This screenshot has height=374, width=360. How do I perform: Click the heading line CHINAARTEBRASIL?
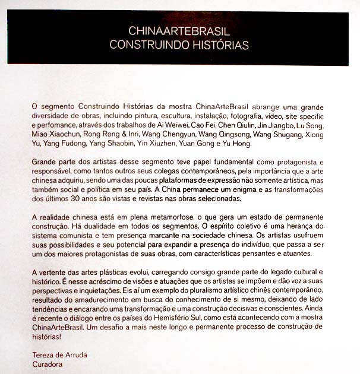[179, 31]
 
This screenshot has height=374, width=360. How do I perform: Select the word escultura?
[170, 116]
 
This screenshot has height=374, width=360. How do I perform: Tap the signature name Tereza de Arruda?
[59, 355]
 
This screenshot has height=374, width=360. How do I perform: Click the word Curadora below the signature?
[47, 365]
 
